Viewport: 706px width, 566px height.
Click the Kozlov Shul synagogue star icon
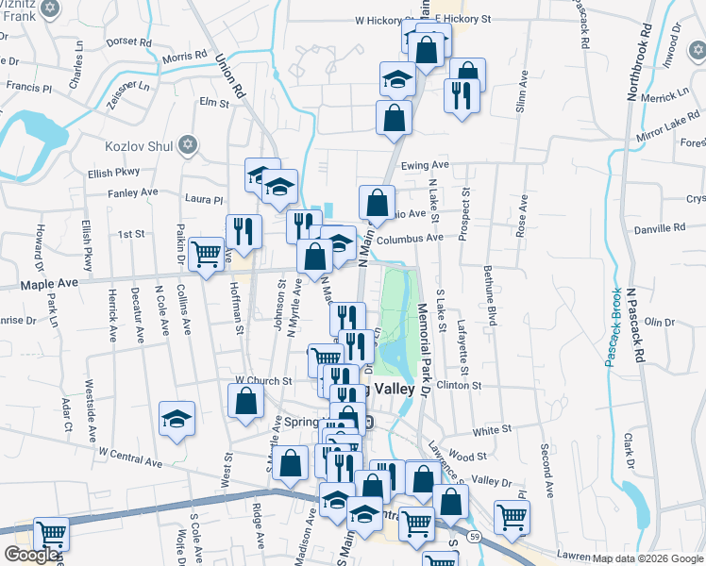point(187,144)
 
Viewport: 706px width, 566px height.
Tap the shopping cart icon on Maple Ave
point(206,253)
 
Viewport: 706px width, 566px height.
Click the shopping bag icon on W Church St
point(245,399)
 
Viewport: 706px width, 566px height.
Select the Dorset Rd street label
point(130,42)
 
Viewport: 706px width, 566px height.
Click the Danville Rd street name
point(660,228)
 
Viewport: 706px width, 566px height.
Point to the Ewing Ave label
point(425,165)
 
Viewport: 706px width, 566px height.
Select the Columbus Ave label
point(409,239)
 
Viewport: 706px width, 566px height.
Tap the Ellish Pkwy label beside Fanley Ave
point(113,172)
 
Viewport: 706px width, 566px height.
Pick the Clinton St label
point(459,385)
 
